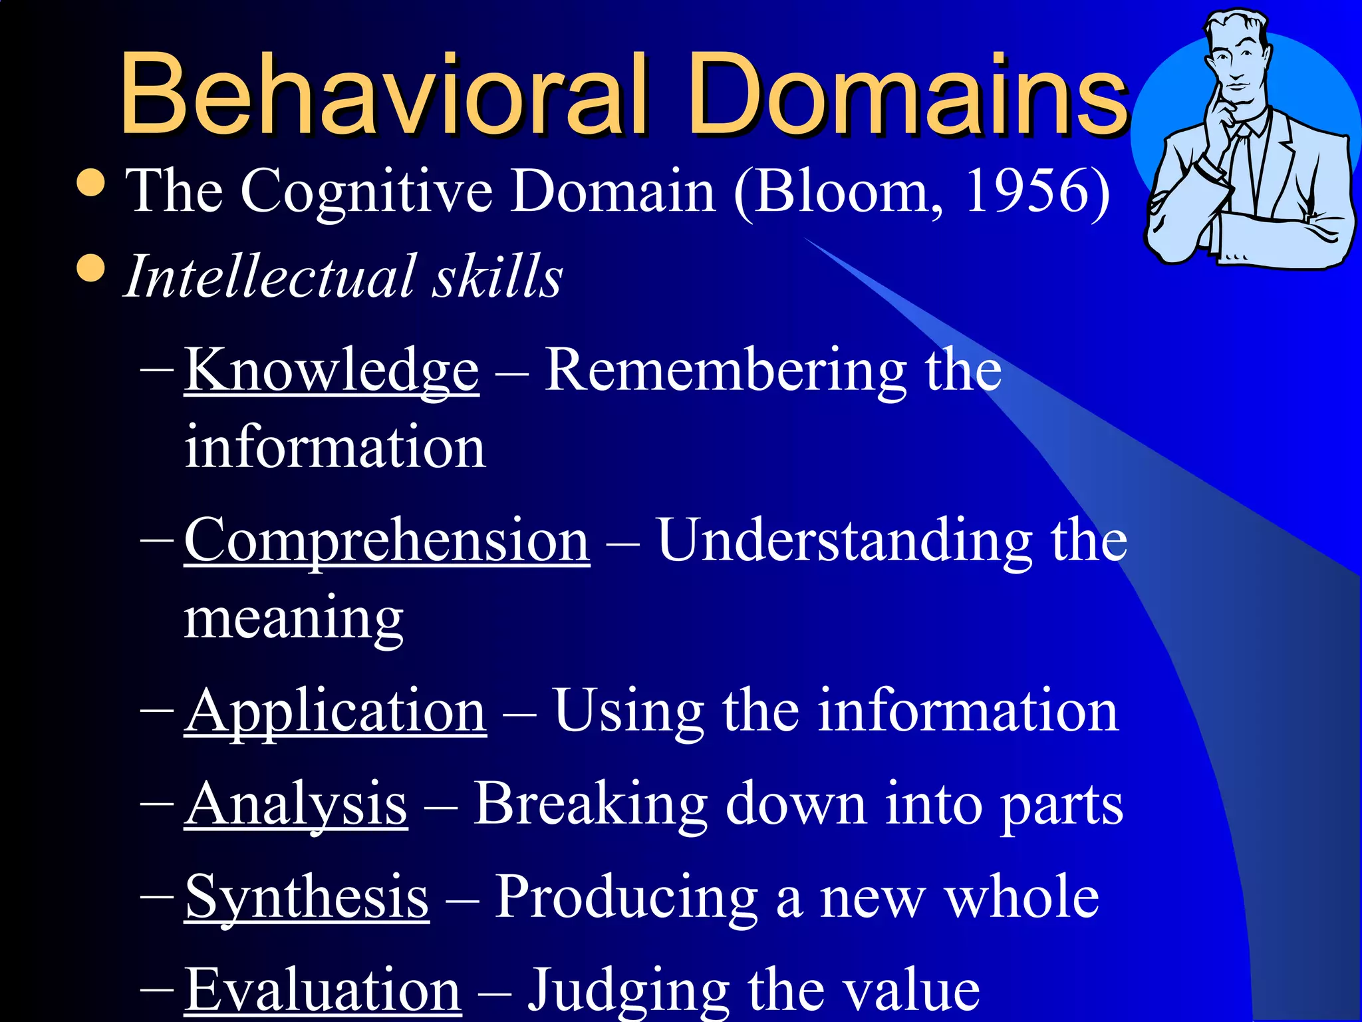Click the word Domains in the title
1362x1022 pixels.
[x=907, y=93]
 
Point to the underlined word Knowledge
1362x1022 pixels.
[x=331, y=370]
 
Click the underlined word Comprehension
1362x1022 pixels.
[x=386, y=540]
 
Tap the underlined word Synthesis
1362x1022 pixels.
[x=307, y=898]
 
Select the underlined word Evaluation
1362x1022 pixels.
[x=323, y=990]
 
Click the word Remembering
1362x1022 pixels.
[x=725, y=370]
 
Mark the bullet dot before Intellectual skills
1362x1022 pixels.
[x=91, y=269]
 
